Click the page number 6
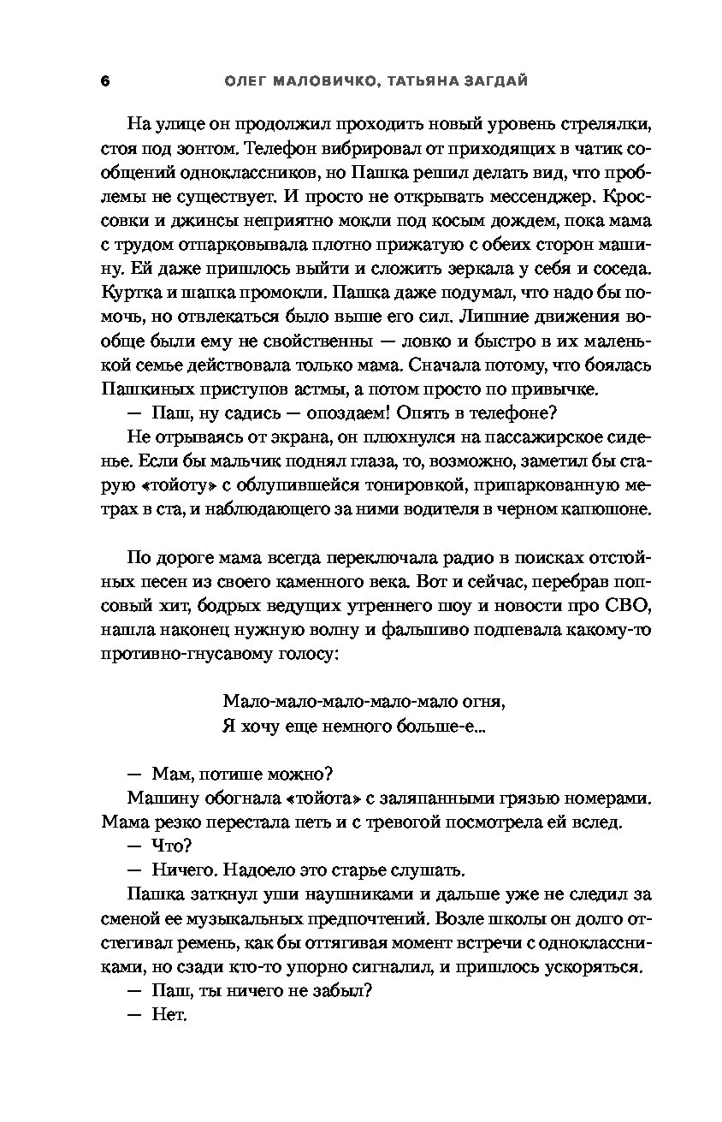tap(104, 81)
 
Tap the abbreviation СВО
tap(630, 608)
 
